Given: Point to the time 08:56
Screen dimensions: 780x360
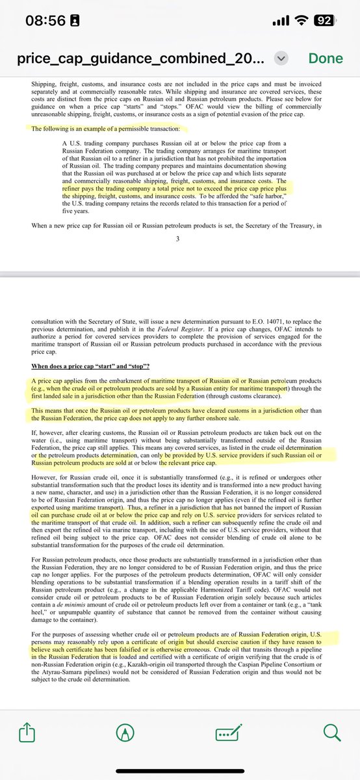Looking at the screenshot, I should (45, 20).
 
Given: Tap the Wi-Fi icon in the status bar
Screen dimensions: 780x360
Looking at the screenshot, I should (301, 20).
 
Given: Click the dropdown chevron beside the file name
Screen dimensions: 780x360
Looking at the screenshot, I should (281, 58).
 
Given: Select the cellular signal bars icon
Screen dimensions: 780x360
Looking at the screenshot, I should (280, 20).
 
